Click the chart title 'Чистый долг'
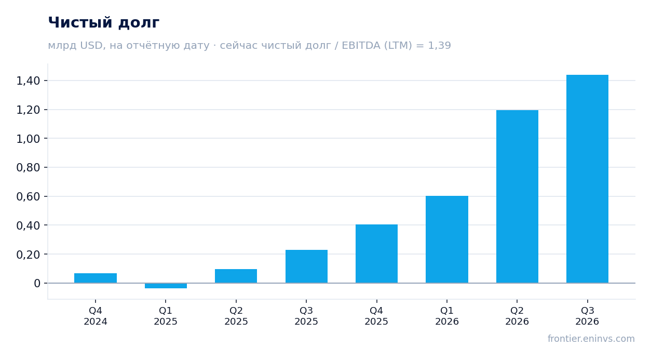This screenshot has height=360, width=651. pos(103,23)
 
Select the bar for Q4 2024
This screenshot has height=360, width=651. pos(96,278)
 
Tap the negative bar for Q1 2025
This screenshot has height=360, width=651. pos(166,286)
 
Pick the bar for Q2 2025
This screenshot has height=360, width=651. pos(236,276)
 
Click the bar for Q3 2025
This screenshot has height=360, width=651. pos(306,266)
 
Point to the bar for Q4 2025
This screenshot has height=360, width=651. pos(377,254)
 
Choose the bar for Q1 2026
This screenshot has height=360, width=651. pos(447,239)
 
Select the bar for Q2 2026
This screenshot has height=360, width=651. pos(517,196)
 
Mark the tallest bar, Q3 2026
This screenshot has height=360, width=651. pos(587,179)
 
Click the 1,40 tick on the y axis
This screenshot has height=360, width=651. pos(28,81)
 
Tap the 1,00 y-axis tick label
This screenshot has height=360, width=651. pos(28,139)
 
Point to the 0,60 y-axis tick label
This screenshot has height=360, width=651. pos(28,196)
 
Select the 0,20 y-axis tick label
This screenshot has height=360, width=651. pos(28,255)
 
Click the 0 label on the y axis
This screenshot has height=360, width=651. pos(37,283)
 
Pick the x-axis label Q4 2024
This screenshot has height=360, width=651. pos(96,316)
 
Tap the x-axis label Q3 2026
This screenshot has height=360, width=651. pos(587,316)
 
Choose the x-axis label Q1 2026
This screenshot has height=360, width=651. pos(447,316)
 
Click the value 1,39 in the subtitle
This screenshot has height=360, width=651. pos(439,46)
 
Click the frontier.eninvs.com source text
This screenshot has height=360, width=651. pos(591,339)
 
